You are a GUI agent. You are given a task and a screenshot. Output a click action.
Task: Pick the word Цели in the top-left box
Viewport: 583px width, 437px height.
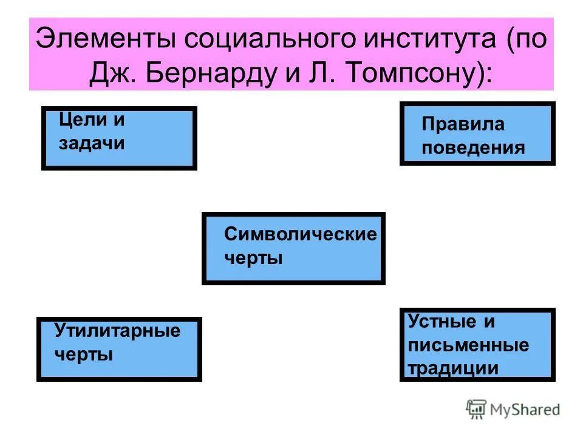click(x=77, y=120)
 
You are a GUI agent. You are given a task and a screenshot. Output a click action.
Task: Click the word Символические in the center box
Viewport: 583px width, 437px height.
click(x=300, y=234)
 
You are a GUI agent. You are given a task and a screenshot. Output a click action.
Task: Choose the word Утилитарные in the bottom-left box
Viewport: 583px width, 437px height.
click(x=117, y=331)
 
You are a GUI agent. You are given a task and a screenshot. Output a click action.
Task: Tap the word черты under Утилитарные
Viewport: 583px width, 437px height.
click(x=84, y=354)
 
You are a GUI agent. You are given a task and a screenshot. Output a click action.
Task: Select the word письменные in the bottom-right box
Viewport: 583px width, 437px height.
click(x=468, y=345)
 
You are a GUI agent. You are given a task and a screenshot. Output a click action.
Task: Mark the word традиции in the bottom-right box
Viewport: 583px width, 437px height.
click(x=453, y=368)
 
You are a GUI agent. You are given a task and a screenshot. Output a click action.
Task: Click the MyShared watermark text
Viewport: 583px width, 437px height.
click(x=524, y=410)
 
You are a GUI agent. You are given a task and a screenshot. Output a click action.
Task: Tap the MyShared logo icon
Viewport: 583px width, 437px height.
click(x=476, y=409)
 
